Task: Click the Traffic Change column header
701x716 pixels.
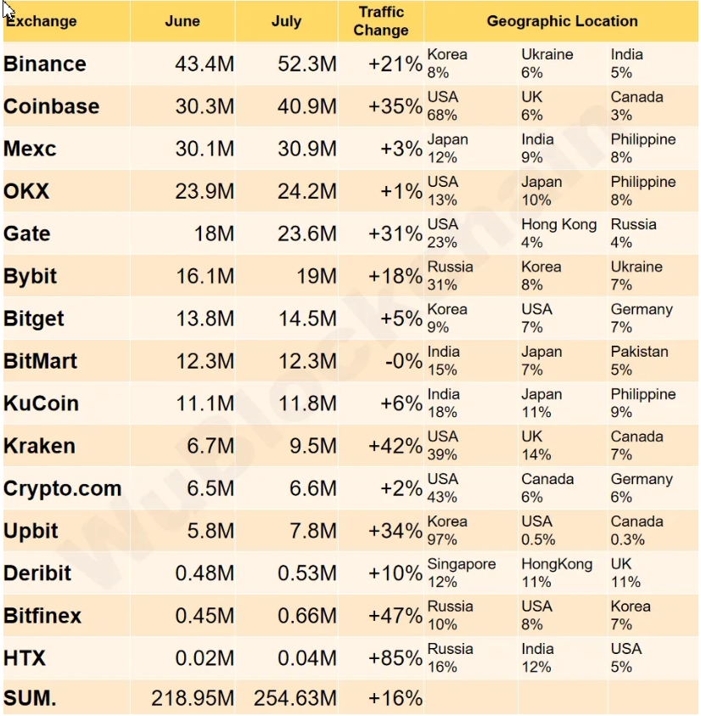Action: coord(381,21)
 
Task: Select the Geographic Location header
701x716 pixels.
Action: coord(562,21)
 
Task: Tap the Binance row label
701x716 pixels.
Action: coord(45,64)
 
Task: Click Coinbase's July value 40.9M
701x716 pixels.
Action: coord(307,106)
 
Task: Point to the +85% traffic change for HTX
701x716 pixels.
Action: coord(395,658)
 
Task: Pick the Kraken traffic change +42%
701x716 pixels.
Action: coord(395,446)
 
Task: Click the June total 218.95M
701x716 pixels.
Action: coord(193,698)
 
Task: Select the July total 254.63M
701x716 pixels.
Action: coord(295,698)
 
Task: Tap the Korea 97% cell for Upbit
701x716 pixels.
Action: coord(447,531)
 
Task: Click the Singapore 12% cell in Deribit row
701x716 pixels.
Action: coord(462,573)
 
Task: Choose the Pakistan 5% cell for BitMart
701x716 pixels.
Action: coord(639,361)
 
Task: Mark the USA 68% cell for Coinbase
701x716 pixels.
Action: coord(443,106)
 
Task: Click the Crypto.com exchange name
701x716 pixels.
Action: coord(63,488)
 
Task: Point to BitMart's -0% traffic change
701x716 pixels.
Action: coord(398,361)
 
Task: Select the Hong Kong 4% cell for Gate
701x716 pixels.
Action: coord(558,234)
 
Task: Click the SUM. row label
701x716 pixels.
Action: coord(30,698)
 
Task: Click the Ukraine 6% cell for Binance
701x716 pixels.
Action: coord(547,64)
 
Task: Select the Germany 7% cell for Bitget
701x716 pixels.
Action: coord(642,319)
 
